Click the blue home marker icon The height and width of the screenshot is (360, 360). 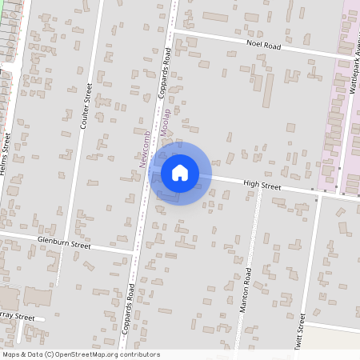tap(180, 173)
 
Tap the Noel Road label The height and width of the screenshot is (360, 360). tap(264, 46)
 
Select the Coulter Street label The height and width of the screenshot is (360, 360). tap(86, 105)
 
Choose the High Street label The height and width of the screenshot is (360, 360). tap(262, 186)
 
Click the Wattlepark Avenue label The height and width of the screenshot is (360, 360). tap(352, 72)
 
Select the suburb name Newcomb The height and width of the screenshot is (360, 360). tap(142, 149)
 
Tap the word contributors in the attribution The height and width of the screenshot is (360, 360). tap(139, 354)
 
